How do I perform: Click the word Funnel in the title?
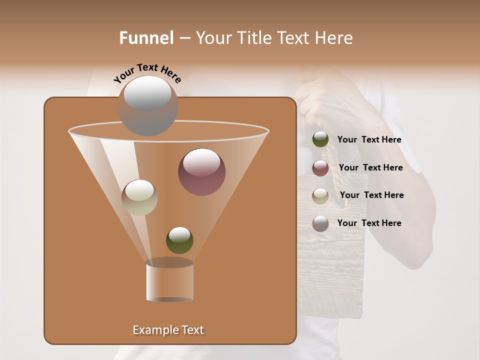tap(146, 38)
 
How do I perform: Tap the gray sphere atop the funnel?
tap(148, 105)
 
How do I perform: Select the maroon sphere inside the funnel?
tap(202, 172)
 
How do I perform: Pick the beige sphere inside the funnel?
tap(140, 197)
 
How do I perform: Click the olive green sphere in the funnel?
tap(179, 240)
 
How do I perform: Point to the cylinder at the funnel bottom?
tap(170, 281)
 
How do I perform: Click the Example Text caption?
tap(168, 330)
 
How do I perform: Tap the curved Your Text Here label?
tap(147, 72)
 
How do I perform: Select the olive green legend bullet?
tap(320, 139)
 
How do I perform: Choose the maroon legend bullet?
tap(320, 168)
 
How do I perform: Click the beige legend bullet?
tap(320, 196)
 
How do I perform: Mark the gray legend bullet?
tap(320, 223)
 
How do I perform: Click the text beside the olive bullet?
tap(369, 140)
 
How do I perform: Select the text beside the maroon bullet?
tap(370, 168)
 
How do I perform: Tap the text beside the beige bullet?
tap(371, 195)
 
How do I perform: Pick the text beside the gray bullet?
tap(369, 223)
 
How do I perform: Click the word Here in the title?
tap(334, 38)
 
